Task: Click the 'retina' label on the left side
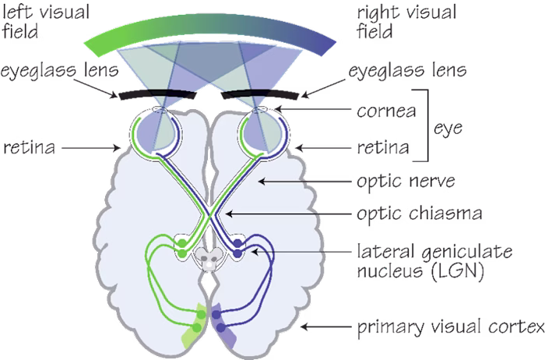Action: coord(28,146)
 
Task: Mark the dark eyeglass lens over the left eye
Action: coord(155,97)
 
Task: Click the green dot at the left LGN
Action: coord(181,252)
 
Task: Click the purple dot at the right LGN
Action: coord(237,252)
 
